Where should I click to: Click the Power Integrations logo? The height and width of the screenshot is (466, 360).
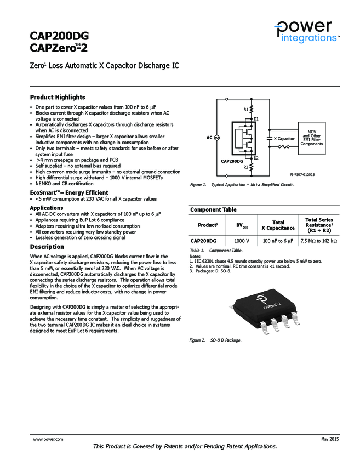[x=307, y=31]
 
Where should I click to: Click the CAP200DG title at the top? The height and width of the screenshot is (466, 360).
[x=59, y=36]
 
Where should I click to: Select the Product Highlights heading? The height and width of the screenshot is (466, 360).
[x=58, y=97]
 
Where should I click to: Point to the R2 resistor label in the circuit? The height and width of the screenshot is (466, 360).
[x=245, y=167]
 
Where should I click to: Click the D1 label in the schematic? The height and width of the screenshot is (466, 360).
[x=256, y=118]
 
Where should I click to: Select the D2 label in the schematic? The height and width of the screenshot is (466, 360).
[x=256, y=158]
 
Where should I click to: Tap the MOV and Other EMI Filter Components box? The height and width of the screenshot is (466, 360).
[x=311, y=138]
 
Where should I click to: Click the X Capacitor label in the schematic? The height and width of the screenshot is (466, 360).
[x=284, y=139]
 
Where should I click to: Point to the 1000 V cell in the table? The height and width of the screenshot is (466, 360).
[x=242, y=241]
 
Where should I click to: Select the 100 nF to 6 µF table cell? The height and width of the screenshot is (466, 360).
[x=278, y=241]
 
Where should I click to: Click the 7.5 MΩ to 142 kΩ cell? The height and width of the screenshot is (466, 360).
[x=319, y=241]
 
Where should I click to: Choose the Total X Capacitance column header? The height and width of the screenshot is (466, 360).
[x=278, y=225]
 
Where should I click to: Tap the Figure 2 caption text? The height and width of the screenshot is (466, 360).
[x=215, y=340]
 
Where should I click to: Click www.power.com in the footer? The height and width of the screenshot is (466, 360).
[x=48, y=440]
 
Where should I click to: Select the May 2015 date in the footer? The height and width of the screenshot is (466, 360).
[x=330, y=440]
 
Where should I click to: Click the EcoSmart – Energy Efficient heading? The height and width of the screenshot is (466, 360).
[x=69, y=192]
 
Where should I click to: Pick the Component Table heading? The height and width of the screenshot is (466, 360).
[x=213, y=209]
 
